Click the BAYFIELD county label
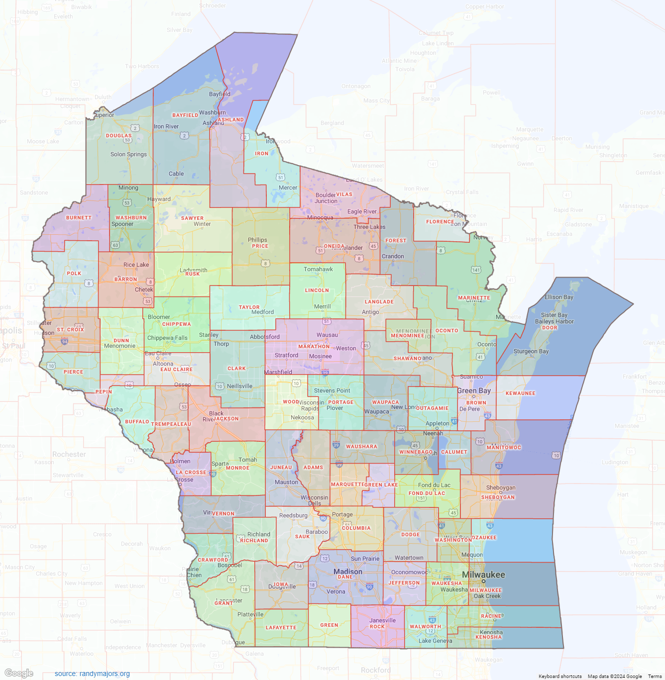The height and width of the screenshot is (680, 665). pyautogui.click(x=185, y=115)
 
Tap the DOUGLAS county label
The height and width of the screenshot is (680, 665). pyautogui.click(x=119, y=135)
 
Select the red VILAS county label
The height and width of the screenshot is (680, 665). pyautogui.click(x=344, y=194)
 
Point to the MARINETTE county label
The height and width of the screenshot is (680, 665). pyautogui.click(x=474, y=298)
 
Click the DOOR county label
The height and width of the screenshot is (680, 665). pyautogui.click(x=550, y=328)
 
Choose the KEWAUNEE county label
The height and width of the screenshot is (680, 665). pyautogui.click(x=520, y=393)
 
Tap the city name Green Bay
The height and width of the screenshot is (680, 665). pyautogui.click(x=474, y=390)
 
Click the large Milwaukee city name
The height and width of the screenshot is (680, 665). pyautogui.click(x=483, y=575)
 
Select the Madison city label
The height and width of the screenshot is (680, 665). pyautogui.click(x=348, y=572)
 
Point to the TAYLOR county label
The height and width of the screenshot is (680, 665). pyautogui.click(x=249, y=307)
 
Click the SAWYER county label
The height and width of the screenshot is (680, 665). pyautogui.click(x=192, y=218)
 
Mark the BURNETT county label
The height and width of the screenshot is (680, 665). pyautogui.click(x=79, y=218)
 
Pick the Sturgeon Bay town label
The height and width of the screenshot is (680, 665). pyautogui.click(x=531, y=351)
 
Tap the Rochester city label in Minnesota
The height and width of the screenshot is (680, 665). pyautogui.click(x=69, y=454)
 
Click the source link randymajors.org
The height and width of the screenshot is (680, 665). pyautogui.click(x=92, y=674)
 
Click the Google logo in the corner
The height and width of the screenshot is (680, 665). pyautogui.click(x=19, y=673)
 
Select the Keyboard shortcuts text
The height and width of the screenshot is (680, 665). pyautogui.click(x=560, y=676)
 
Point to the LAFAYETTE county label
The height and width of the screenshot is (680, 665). pyautogui.click(x=281, y=628)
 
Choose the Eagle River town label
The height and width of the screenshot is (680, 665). pyautogui.click(x=362, y=211)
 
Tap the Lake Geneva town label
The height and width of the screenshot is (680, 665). pyautogui.click(x=436, y=641)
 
